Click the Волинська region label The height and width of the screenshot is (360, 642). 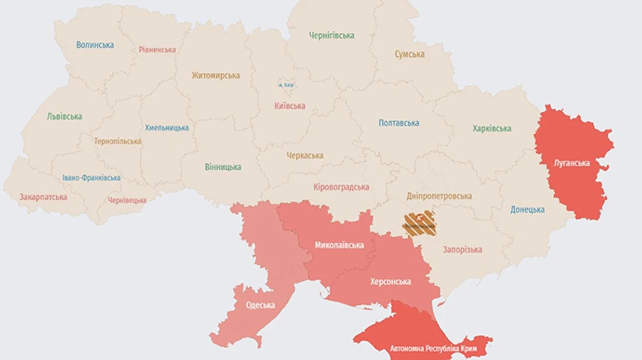95,45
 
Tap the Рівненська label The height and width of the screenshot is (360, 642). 157,50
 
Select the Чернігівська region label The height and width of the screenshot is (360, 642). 332,35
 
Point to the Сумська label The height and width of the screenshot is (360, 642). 409,54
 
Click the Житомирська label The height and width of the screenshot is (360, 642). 215,75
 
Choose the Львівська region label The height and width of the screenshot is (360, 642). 64,116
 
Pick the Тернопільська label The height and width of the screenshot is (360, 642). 118,141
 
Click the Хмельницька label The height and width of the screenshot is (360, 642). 167,128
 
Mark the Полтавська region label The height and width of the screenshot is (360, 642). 399,123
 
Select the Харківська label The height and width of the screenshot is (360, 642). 491,129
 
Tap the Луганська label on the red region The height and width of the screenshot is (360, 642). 571,163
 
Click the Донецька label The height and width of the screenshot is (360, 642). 527,210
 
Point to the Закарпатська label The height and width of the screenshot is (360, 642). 44,197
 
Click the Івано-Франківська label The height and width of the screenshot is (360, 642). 91,178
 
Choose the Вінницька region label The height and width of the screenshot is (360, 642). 223,167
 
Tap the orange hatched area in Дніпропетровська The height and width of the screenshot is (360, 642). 419,223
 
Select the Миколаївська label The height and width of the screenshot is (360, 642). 339,245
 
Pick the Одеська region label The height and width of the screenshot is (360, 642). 260,305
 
